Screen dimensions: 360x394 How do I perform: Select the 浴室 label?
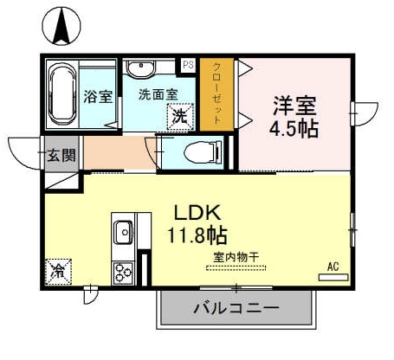pyautogui.click(x=98, y=96)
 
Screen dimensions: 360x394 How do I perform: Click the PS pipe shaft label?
pyautogui.click(x=187, y=65)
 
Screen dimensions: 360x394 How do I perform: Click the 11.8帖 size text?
pyautogui.click(x=197, y=234)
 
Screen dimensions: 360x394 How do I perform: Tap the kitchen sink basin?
pyautogui.click(x=123, y=232)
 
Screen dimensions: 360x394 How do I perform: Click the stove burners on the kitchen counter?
pyautogui.click(x=123, y=271)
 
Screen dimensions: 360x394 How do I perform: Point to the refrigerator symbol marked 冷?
pyautogui.click(x=59, y=270)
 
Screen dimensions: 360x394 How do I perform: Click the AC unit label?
pyautogui.click(x=332, y=267)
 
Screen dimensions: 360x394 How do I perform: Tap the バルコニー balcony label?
pyautogui.click(x=236, y=307)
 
